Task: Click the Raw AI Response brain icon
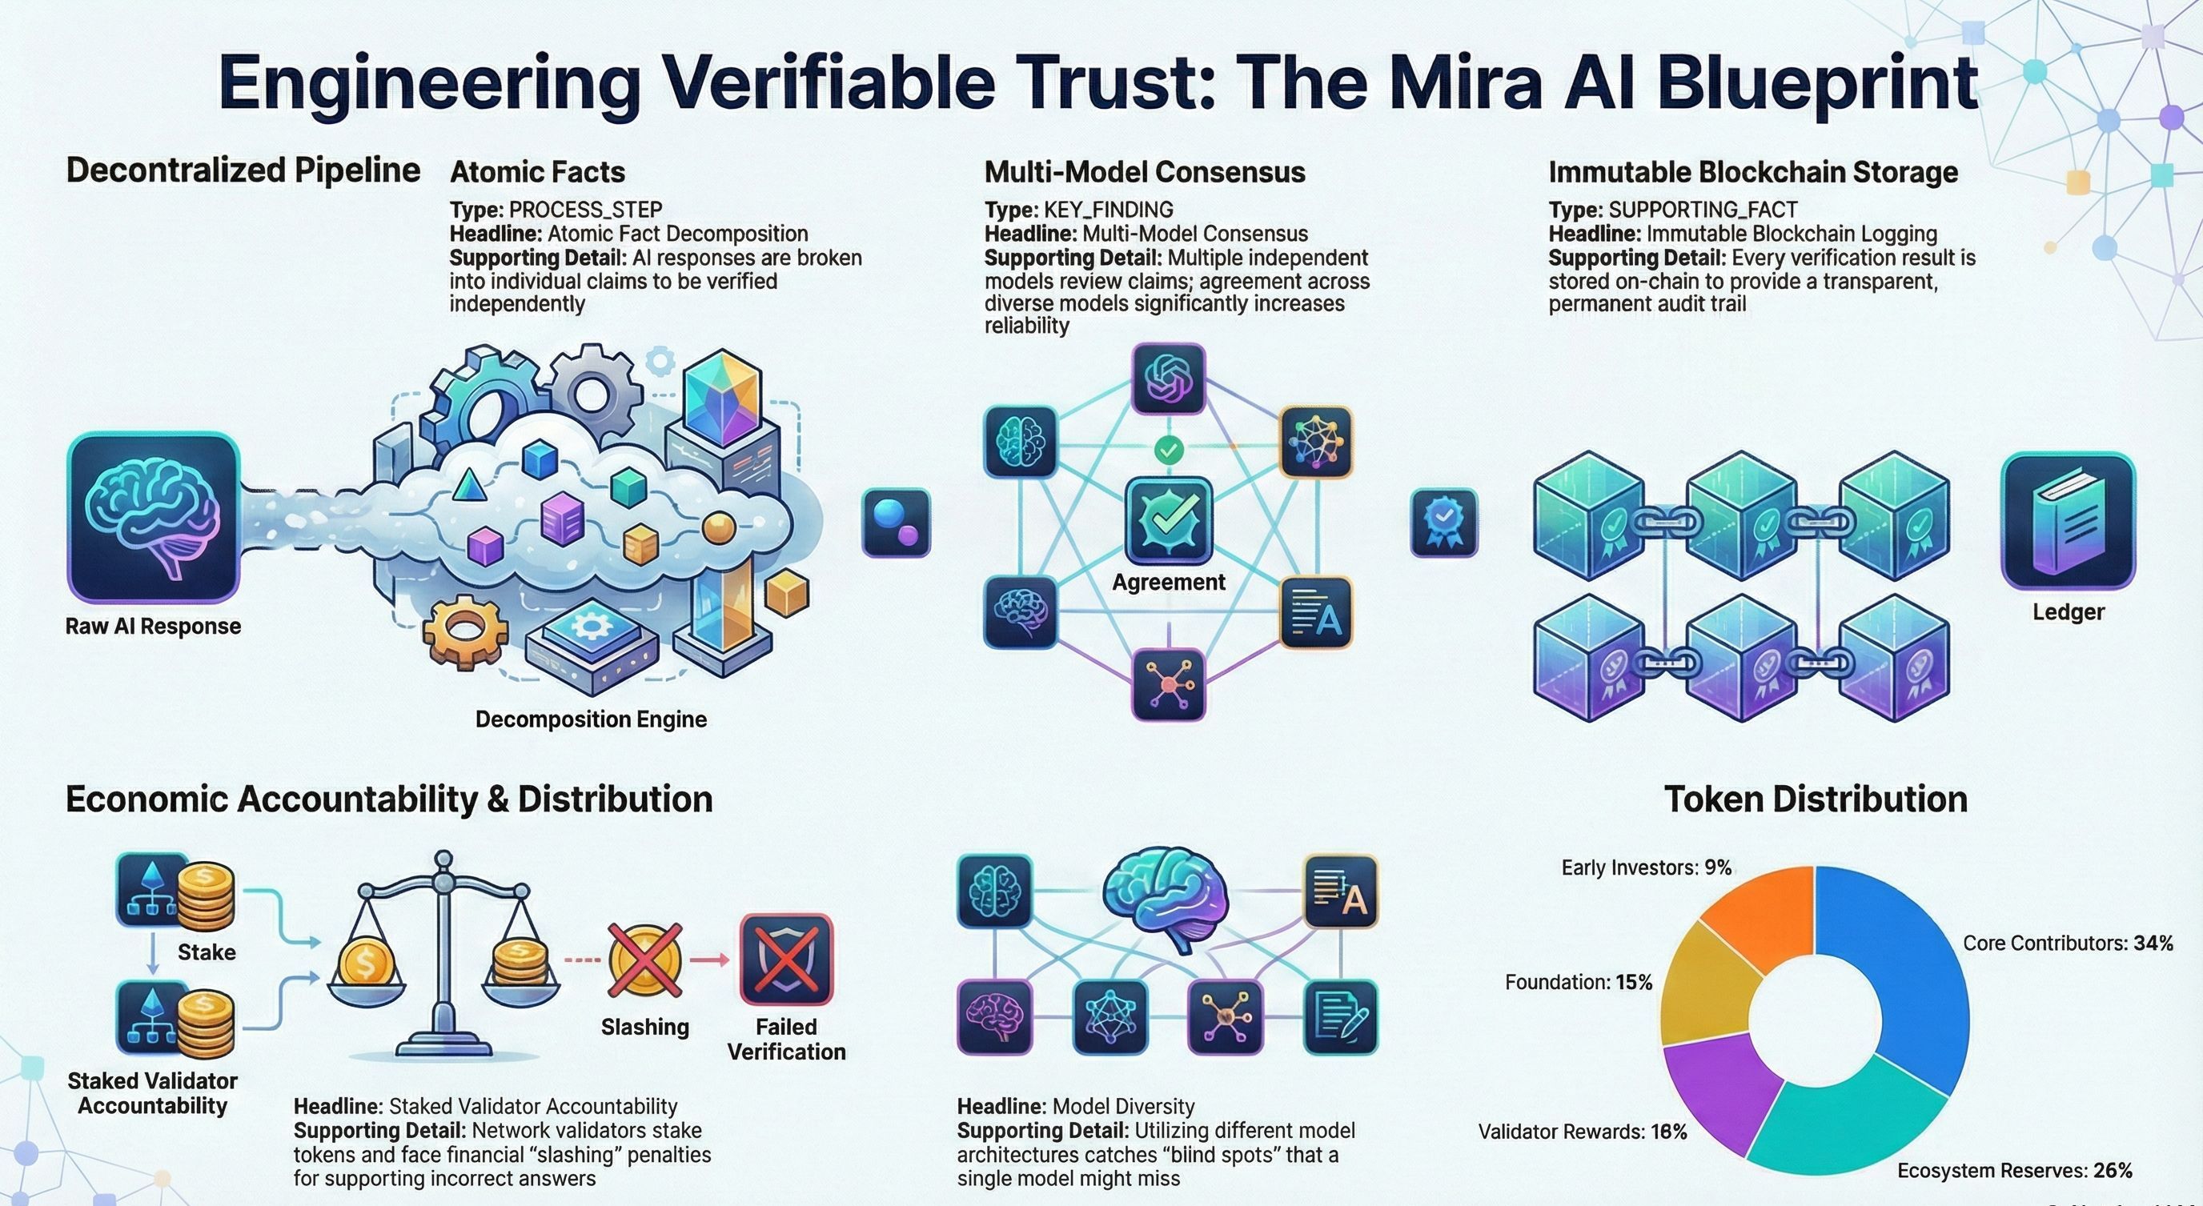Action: pyautogui.click(x=153, y=518)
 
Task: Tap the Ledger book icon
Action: pyautogui.click(x=2069, y=522)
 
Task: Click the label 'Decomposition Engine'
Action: pyautogui.click(x=591, y=719)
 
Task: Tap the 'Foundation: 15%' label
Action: pyautogui.click(x=1579, y=983)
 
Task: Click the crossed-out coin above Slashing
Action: pyautogui.click(x=645, y=960)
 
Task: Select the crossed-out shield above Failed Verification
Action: pyautogui.click(x=786, y=959)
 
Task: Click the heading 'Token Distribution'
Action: pyautogui.click(x=1816, y=799)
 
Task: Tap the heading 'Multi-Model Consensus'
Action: pyautogui.click(x=1145, y=172)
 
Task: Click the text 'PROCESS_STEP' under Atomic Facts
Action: pyautogui.click(x=586, y=210)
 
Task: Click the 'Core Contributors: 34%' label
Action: pyautogui.click(x=2068, y=944)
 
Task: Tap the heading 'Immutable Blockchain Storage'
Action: pyautogui.click(x=1753, y=172)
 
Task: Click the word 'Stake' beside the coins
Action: pyautogui.click(x=206, y=952)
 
